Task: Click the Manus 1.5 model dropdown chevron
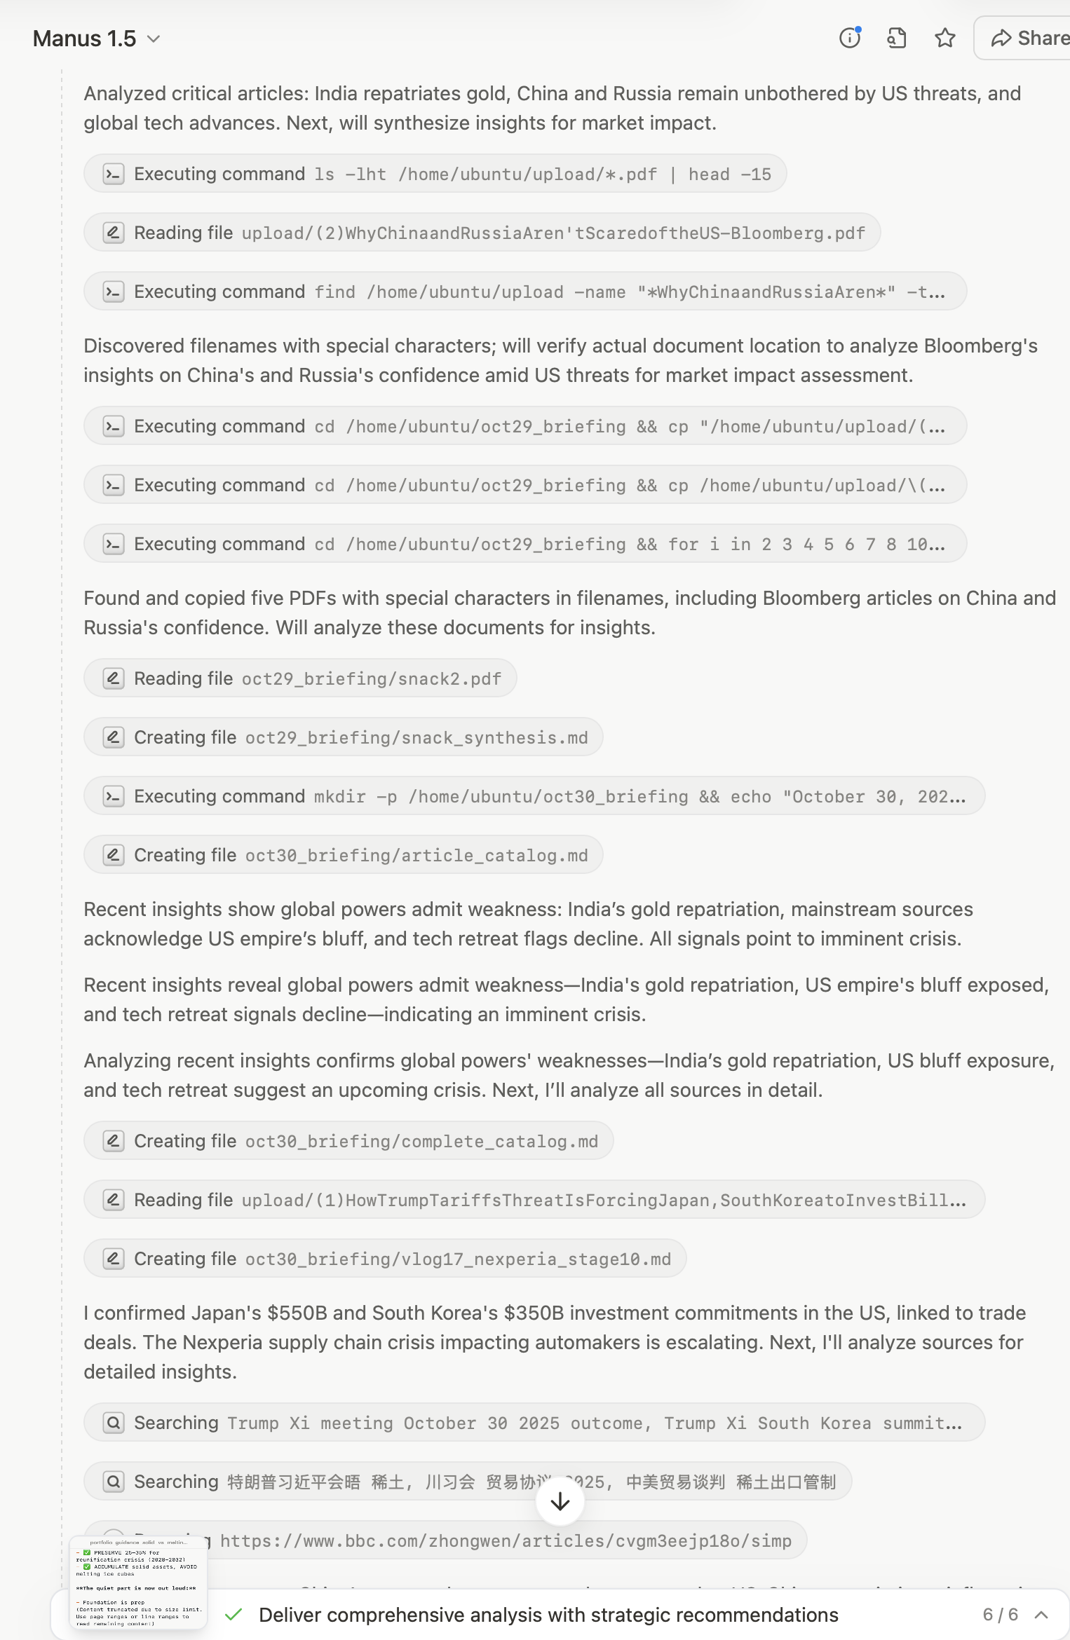(154, 39)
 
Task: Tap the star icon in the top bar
(944, 38)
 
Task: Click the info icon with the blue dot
(850, 38)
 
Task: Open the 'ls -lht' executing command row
(435, 174)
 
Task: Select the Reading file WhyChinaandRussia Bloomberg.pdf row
(482, 233)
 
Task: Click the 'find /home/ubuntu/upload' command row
(524, 292)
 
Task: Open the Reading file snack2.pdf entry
(300, 678)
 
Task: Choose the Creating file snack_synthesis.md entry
(343, 737)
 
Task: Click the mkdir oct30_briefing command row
(534, 796)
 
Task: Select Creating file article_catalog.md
(343, 855)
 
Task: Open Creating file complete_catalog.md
(348, 1141)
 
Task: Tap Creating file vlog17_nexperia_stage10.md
(385, 1259)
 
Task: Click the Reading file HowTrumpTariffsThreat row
(534, 1200)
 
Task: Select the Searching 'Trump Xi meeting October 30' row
(534, 1423)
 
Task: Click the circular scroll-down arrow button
(560, 1501)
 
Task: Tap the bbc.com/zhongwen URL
(505, 1540)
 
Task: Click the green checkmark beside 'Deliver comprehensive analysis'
(233, 1615)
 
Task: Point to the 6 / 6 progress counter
(1000, 1615)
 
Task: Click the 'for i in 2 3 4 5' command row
(524, 544)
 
